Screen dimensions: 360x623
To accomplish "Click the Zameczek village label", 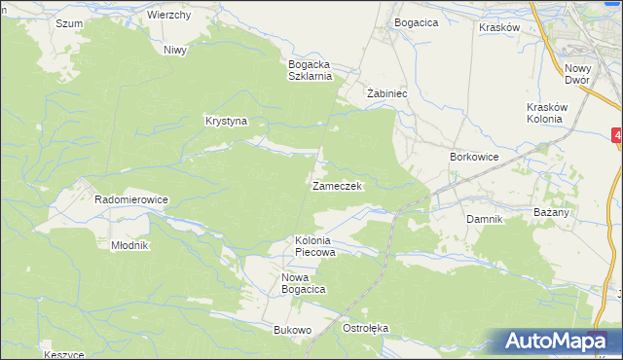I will [x=337, y=186].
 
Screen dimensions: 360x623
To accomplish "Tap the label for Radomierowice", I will [x=131, y=199].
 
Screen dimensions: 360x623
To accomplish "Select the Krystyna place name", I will [x=226, y=122].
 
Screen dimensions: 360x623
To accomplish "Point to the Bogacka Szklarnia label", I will [x=311, y=70].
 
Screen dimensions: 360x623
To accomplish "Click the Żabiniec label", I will [x=385, y=94].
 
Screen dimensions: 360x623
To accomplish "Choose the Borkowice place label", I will [x=474, y=157].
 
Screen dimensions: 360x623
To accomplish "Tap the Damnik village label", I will [x=484, y=219].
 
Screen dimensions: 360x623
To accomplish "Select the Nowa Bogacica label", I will [x=303, y=283].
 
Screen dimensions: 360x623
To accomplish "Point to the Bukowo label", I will [x=292, y=330].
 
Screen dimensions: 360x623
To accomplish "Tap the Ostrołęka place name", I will [x=365, y=328].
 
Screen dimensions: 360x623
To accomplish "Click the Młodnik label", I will [x=128, y=245].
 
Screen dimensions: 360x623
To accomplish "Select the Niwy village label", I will [x=175, y=50].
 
